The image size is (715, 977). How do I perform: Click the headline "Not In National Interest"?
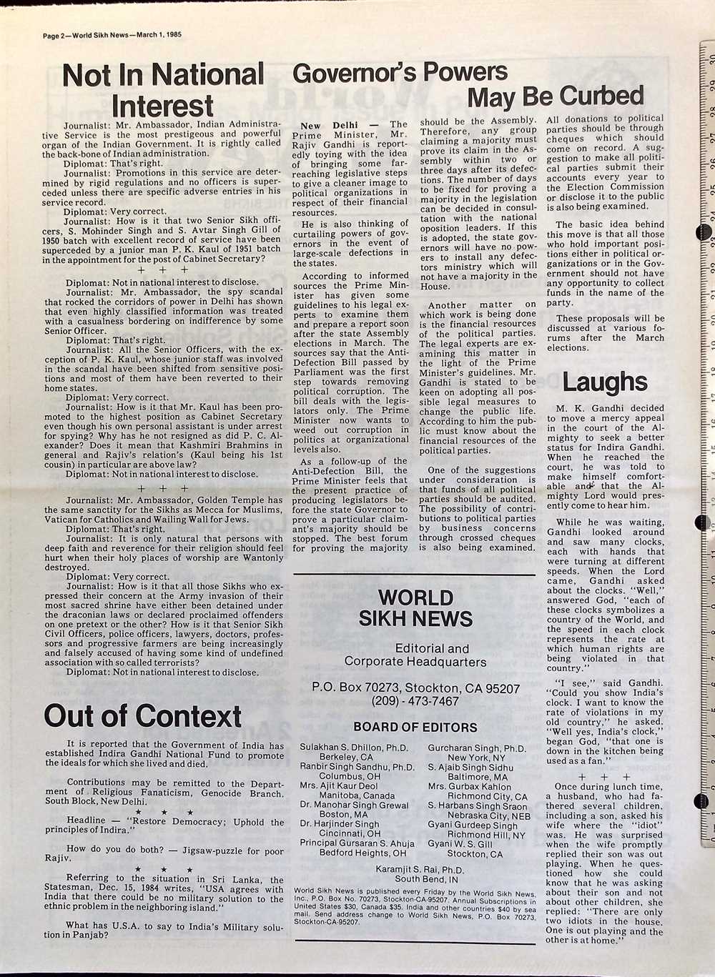point(163,89)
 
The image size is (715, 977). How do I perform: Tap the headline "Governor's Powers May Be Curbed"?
point(468,84)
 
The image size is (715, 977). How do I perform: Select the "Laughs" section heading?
point(604,382)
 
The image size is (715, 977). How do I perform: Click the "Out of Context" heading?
point(143,715)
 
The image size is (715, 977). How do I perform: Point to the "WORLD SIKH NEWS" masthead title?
point(415,607)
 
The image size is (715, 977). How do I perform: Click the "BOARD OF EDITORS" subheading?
point(415,728)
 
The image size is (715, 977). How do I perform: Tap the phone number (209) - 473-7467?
point(415,701)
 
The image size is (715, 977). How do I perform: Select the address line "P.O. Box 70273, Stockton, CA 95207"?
point(415,688)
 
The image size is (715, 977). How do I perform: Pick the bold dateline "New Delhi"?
point(329,125)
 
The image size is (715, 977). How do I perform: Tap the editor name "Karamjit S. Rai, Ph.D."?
point(420,870)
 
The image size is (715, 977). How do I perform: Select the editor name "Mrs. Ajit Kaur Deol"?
point(339,786)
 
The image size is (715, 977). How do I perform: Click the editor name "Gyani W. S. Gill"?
point(460,844)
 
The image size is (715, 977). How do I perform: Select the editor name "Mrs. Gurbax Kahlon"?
point(470,786)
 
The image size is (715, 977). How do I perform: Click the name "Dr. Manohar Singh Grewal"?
point(354,805)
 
